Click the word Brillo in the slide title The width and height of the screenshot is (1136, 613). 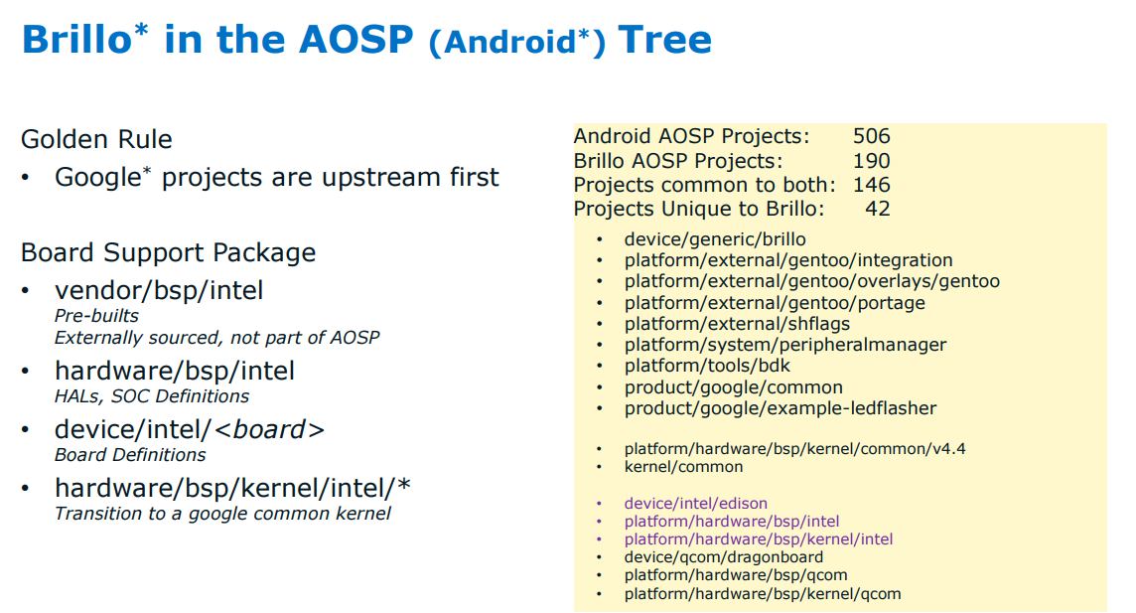77,39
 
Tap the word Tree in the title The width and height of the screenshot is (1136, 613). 665,39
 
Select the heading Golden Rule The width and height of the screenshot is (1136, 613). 96,139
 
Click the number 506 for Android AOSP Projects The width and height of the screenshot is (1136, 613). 872,136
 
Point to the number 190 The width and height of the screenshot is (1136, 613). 872,161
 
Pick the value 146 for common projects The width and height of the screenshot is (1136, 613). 872,185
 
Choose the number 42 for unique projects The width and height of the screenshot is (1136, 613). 878,209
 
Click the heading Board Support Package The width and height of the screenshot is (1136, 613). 168,253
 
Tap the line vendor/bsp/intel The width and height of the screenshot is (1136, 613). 159,290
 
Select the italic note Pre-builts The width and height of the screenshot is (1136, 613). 96,316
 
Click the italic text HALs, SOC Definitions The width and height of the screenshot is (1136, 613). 151,396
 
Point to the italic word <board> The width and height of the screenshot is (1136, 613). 269,429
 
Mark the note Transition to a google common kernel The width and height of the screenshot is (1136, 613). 222,514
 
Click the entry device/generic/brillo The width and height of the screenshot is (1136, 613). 715,239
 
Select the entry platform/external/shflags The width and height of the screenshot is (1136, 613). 737,324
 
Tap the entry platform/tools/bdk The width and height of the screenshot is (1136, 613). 707,366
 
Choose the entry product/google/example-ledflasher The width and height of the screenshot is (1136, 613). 781,408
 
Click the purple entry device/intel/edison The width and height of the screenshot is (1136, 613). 695,503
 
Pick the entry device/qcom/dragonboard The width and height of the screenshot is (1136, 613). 724,557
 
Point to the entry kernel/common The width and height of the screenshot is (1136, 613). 684,467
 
